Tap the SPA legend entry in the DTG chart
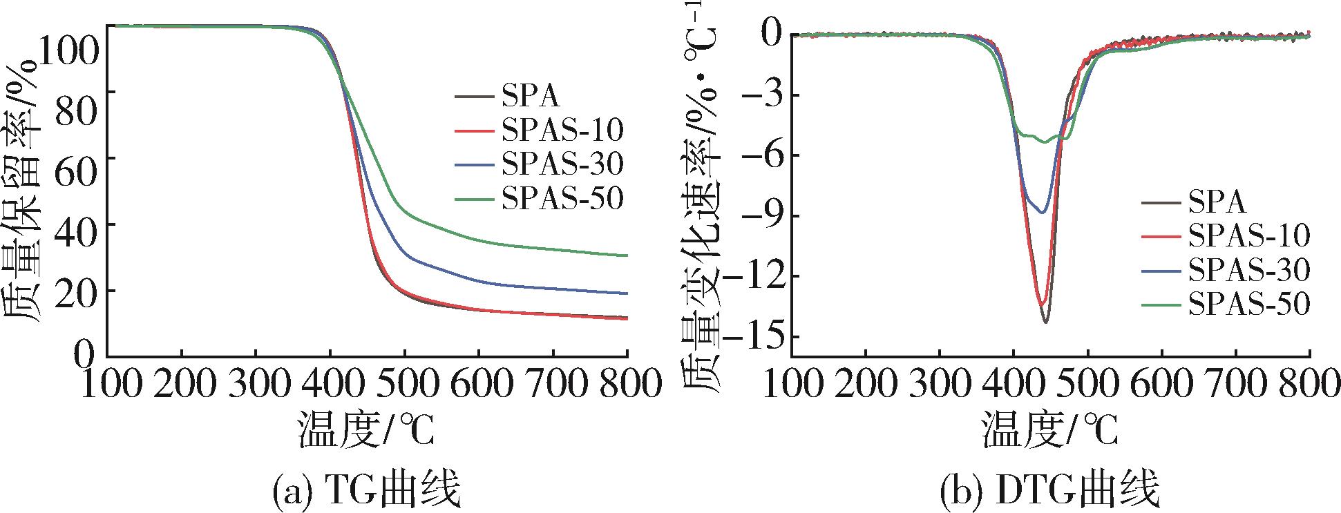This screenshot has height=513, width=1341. coord(1217,202)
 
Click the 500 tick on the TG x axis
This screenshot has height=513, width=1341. coord(404,384)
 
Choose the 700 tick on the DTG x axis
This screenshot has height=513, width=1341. coord(1236,384)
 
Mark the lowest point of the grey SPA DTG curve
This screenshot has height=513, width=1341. coord(1045,322)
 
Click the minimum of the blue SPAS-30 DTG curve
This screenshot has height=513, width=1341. coord(1043,213)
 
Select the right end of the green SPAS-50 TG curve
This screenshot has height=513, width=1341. coord(627,255)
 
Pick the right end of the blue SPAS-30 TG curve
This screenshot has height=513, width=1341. coord(627,293)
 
